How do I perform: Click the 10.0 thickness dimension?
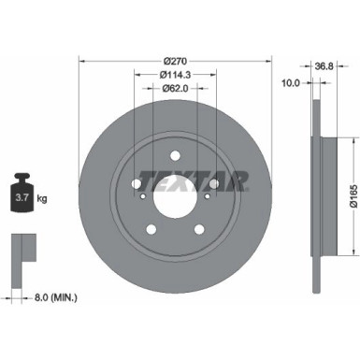point(290,82)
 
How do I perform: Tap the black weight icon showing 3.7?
point(22,191)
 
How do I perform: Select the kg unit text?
point(41,198)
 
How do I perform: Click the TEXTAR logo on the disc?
point(194,179)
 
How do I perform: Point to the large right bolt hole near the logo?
point(215,182)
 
